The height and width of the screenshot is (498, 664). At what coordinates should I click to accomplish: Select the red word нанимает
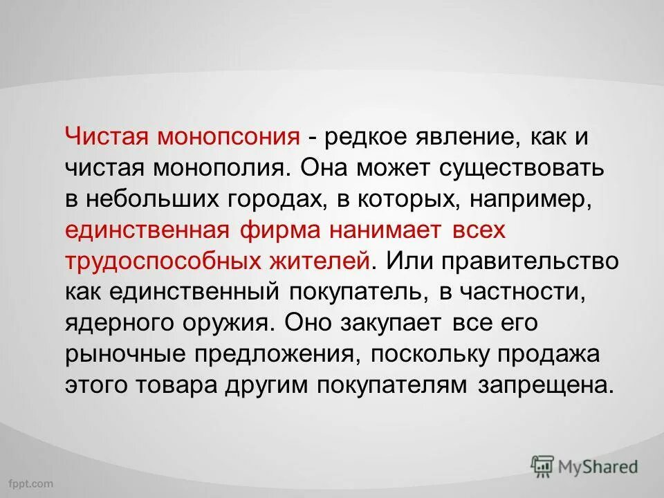pyautogui.click(x=387, y=230)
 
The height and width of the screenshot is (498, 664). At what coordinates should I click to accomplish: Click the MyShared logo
pyautogui.click(x=584, y=465)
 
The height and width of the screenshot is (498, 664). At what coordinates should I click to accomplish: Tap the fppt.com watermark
pyautogui.click(x=31, y=481)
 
